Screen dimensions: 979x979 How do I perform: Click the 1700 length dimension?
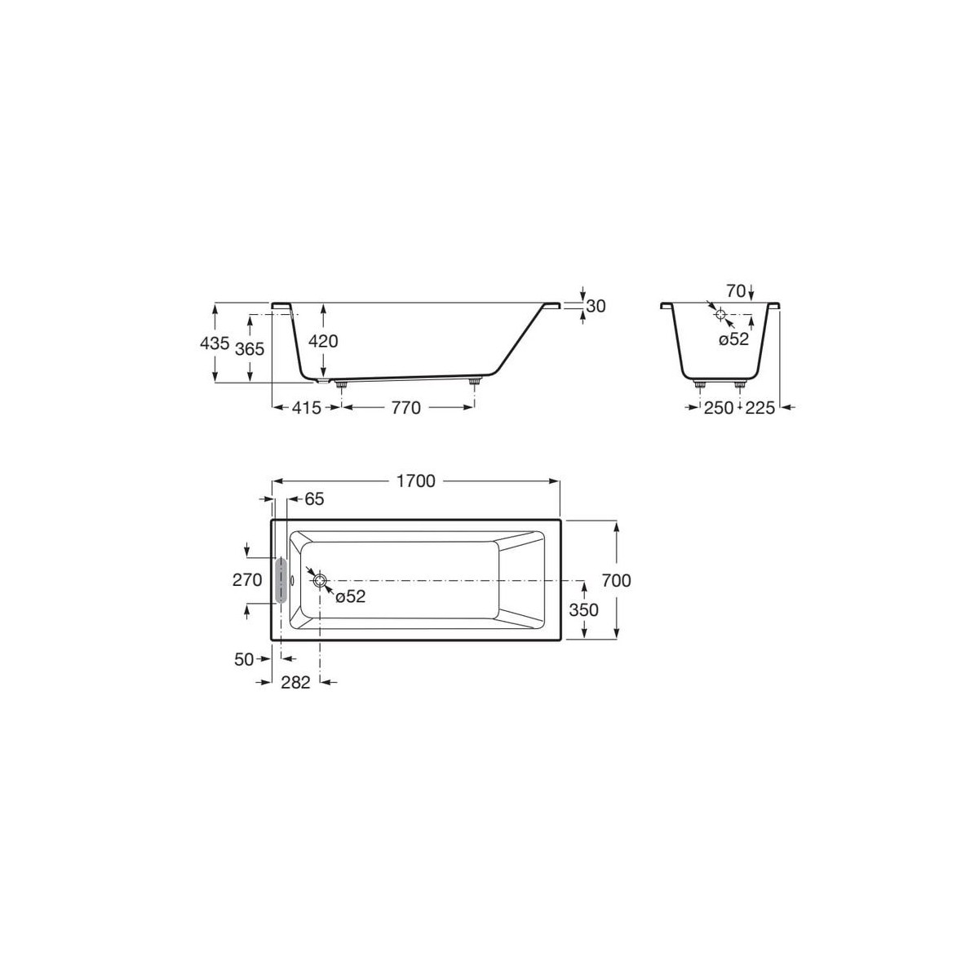coord(417,481)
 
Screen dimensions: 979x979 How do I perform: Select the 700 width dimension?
coord(617,580)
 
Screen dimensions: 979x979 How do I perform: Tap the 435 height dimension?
coord(215,343)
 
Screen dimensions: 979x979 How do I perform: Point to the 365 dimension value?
coord(249,349)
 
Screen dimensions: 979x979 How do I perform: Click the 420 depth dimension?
coord(323,342)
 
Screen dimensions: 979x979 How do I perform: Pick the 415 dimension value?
coord(305,408)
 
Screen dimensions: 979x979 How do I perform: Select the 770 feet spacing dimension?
coord(405,408)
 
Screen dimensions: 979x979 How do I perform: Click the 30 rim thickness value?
coord(596,306)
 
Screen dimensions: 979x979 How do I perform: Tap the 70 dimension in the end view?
coord(736,290)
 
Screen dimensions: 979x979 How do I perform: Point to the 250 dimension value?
coord(719,408)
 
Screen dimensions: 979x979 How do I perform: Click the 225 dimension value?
coord(760,408)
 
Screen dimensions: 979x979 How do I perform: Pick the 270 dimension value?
coord(247,580)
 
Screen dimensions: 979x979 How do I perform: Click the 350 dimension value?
coord(583,609)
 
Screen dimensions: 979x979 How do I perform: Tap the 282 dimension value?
coord(295,683)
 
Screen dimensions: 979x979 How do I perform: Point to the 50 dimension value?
coord(244,659)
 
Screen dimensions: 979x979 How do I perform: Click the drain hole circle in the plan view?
coord(320,580)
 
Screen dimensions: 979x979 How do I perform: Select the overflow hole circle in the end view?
coord(720,314)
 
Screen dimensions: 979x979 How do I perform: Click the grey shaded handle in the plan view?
coord(282,580)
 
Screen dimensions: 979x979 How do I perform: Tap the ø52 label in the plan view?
coord(351,597)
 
